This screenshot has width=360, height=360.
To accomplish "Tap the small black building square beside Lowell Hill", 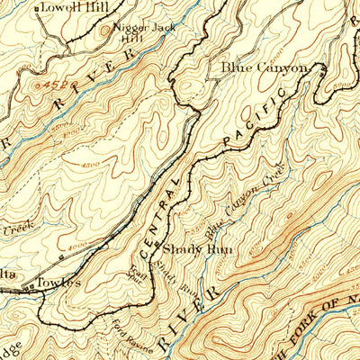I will (37, 8).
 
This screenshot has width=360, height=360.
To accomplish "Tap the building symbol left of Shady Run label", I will (157, 245).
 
